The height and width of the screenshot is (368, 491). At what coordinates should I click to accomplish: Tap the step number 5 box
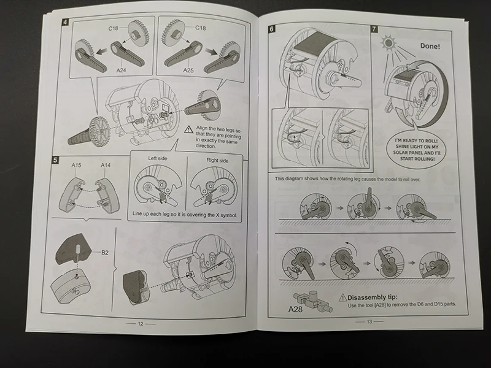(56, 160)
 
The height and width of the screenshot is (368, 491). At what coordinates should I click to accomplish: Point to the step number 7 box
(374, 29)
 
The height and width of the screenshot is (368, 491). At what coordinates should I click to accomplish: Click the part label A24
(122, 70)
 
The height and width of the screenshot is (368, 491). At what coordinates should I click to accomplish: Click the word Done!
(430, 45)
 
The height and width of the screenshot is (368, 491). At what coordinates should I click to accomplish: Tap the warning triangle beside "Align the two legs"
(189, 129)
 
